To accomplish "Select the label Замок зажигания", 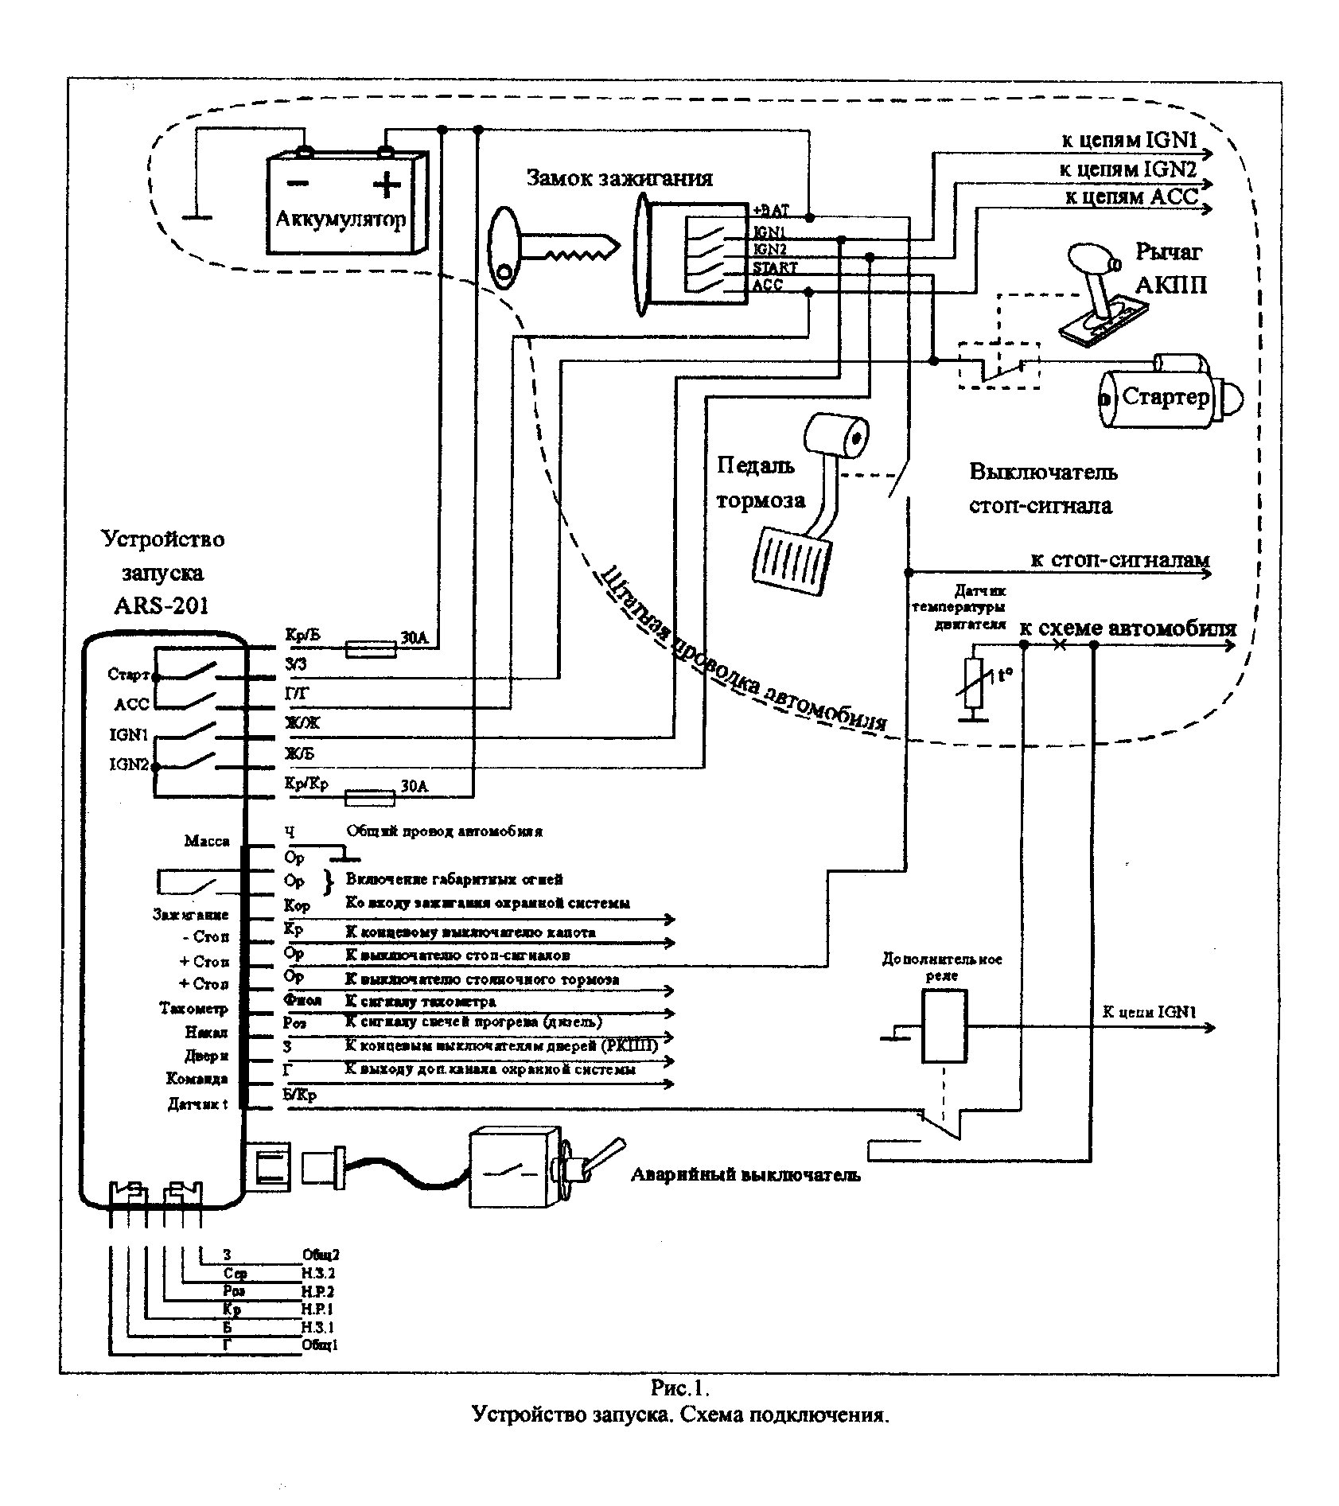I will coord(620,178).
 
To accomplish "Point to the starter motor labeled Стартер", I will coord(1165,398).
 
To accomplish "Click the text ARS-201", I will coord(162,605).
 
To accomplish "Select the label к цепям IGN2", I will coord(1127,169).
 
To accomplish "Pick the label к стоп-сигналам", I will coord(1119,559).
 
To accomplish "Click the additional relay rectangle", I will coord(944,1026).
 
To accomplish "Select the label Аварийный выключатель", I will coord(745,1175).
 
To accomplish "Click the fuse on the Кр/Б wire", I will coord(371,650).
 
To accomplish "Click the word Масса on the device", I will coord(207,841).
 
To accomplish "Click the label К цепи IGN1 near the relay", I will coord(1148,1013).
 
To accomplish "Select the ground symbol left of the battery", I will coord(197,215).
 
